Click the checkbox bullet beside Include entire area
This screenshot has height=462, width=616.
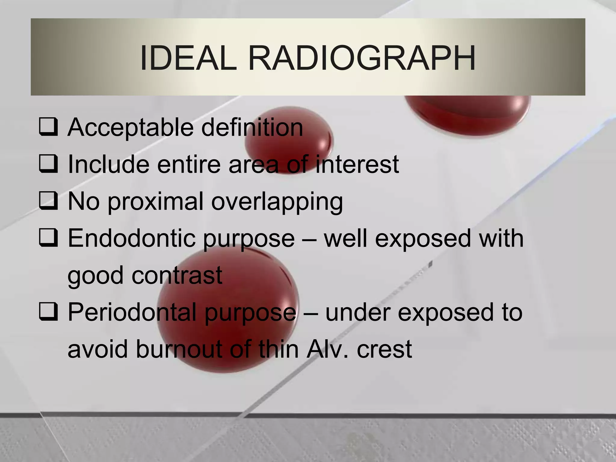tap(48, 165)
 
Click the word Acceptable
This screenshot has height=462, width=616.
tap(131, 128)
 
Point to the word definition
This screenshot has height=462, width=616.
tap(252, 128)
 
